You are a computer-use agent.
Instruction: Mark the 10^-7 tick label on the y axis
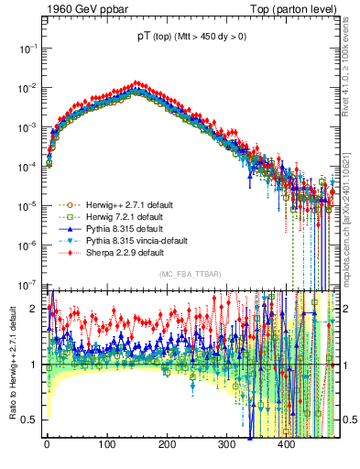click(27, 283)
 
